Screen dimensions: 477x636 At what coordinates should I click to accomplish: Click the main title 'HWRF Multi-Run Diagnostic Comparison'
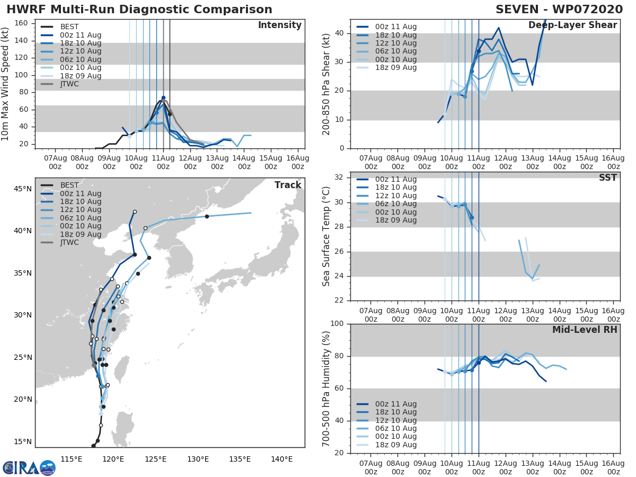click(x=139, y=10)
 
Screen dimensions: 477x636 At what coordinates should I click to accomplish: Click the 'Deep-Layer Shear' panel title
click(x=572, y=25)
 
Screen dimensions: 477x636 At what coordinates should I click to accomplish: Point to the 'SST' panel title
click(x=607, y=178)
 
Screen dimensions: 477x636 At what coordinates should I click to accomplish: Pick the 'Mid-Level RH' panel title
click(x=585, y=330)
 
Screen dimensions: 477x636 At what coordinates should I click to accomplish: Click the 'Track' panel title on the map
click(x=288, y=185)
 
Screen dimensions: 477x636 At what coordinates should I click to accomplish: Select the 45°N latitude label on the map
click(x=22, y=189)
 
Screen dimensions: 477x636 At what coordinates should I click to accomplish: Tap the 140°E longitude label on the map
click(x=281, y=459)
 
